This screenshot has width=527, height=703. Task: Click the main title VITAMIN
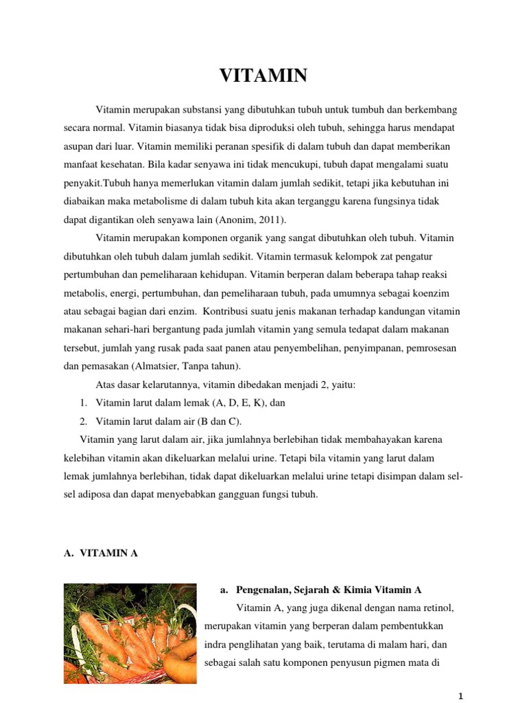263,76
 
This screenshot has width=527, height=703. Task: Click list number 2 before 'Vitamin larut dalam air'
83,421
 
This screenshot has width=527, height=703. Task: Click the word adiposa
101,494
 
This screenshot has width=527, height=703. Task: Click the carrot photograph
130,633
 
